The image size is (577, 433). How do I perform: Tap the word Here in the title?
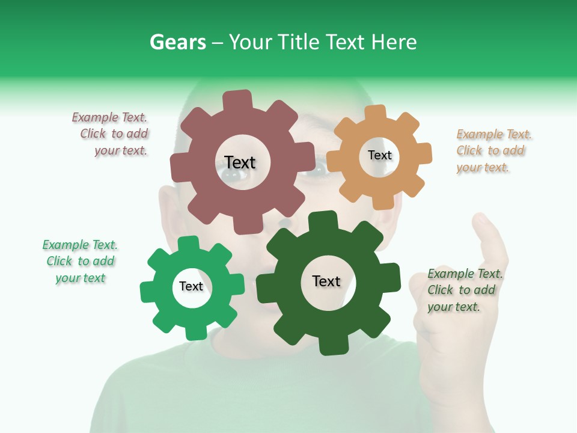coord(394,42)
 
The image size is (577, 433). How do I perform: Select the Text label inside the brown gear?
coord(240,162)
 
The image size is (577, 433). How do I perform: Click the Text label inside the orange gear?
coord(379,155)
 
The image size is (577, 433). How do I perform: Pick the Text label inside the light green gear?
coord(191,287)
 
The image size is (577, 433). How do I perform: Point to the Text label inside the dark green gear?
coord(326,281)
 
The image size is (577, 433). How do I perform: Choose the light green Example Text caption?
coord(80,262)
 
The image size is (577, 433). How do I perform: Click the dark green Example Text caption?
coord(465,290)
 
